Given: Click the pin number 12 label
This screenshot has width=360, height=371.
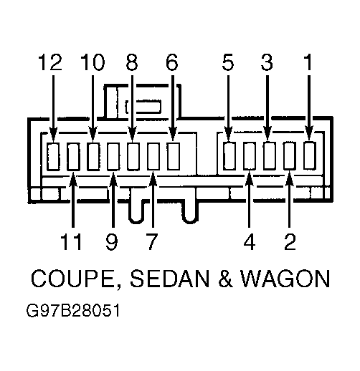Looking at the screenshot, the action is (x=50, y=62).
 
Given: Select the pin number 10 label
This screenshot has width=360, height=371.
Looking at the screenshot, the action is (x=93, y=62).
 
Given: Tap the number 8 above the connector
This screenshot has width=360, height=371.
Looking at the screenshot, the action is (x=132, y=62).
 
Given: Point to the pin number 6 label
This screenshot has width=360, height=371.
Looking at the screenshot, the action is (x=172, y=62).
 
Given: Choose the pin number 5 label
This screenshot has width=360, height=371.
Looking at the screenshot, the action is (x=228, y=62).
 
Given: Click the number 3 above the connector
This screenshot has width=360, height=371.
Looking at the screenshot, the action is (x=267, y=62).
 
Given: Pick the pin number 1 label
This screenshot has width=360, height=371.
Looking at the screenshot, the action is (x=308, y=62).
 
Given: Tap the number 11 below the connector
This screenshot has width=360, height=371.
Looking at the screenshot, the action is (x=72, y=241).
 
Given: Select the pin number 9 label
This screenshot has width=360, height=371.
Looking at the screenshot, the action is (x=112, y=241).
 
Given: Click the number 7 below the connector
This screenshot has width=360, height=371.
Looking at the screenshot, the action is (x=152, y=241).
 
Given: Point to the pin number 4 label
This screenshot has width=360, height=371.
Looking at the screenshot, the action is (x=250, y=241).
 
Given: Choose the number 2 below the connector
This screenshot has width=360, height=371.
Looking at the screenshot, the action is (x=290, y=241).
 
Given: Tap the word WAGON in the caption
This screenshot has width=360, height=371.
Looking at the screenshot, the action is (x=285, y=279).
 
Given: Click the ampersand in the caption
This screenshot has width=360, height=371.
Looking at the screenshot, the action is (x=225, y=279).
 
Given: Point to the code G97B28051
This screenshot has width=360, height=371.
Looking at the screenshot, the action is (x=73, y=311).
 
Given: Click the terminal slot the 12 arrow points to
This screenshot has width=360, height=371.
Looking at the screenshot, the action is (x=53, y=157).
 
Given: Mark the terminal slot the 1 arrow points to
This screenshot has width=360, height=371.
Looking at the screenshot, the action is (x=310, y=155).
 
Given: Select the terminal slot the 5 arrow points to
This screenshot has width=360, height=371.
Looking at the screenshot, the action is (x=229, y=156).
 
